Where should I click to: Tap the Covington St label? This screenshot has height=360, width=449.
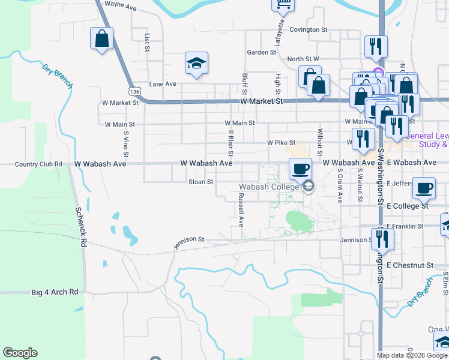tap(308, 29)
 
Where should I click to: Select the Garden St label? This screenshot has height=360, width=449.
tap(261, 52)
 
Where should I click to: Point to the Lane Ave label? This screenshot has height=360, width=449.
tap(163, 84)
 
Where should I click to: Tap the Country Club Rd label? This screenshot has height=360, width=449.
tap(38, 164)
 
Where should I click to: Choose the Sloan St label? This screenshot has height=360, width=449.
tap(201, 181)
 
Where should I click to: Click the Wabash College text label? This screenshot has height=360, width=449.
tap(270, 187)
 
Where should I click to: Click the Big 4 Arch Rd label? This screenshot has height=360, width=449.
tap(55, 292)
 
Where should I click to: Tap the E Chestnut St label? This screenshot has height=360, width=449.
tap(410, 265)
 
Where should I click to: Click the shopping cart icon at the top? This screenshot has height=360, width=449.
tap(283, 5)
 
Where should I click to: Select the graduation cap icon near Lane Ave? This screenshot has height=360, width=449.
tap(196, 64)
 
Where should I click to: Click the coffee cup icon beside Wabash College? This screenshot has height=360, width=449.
tap(300, 169)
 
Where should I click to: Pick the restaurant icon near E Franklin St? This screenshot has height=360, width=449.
tap(382, 239)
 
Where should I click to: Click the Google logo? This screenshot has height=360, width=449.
tap(20, 353)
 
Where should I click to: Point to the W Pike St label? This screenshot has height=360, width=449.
tap(282, 143)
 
